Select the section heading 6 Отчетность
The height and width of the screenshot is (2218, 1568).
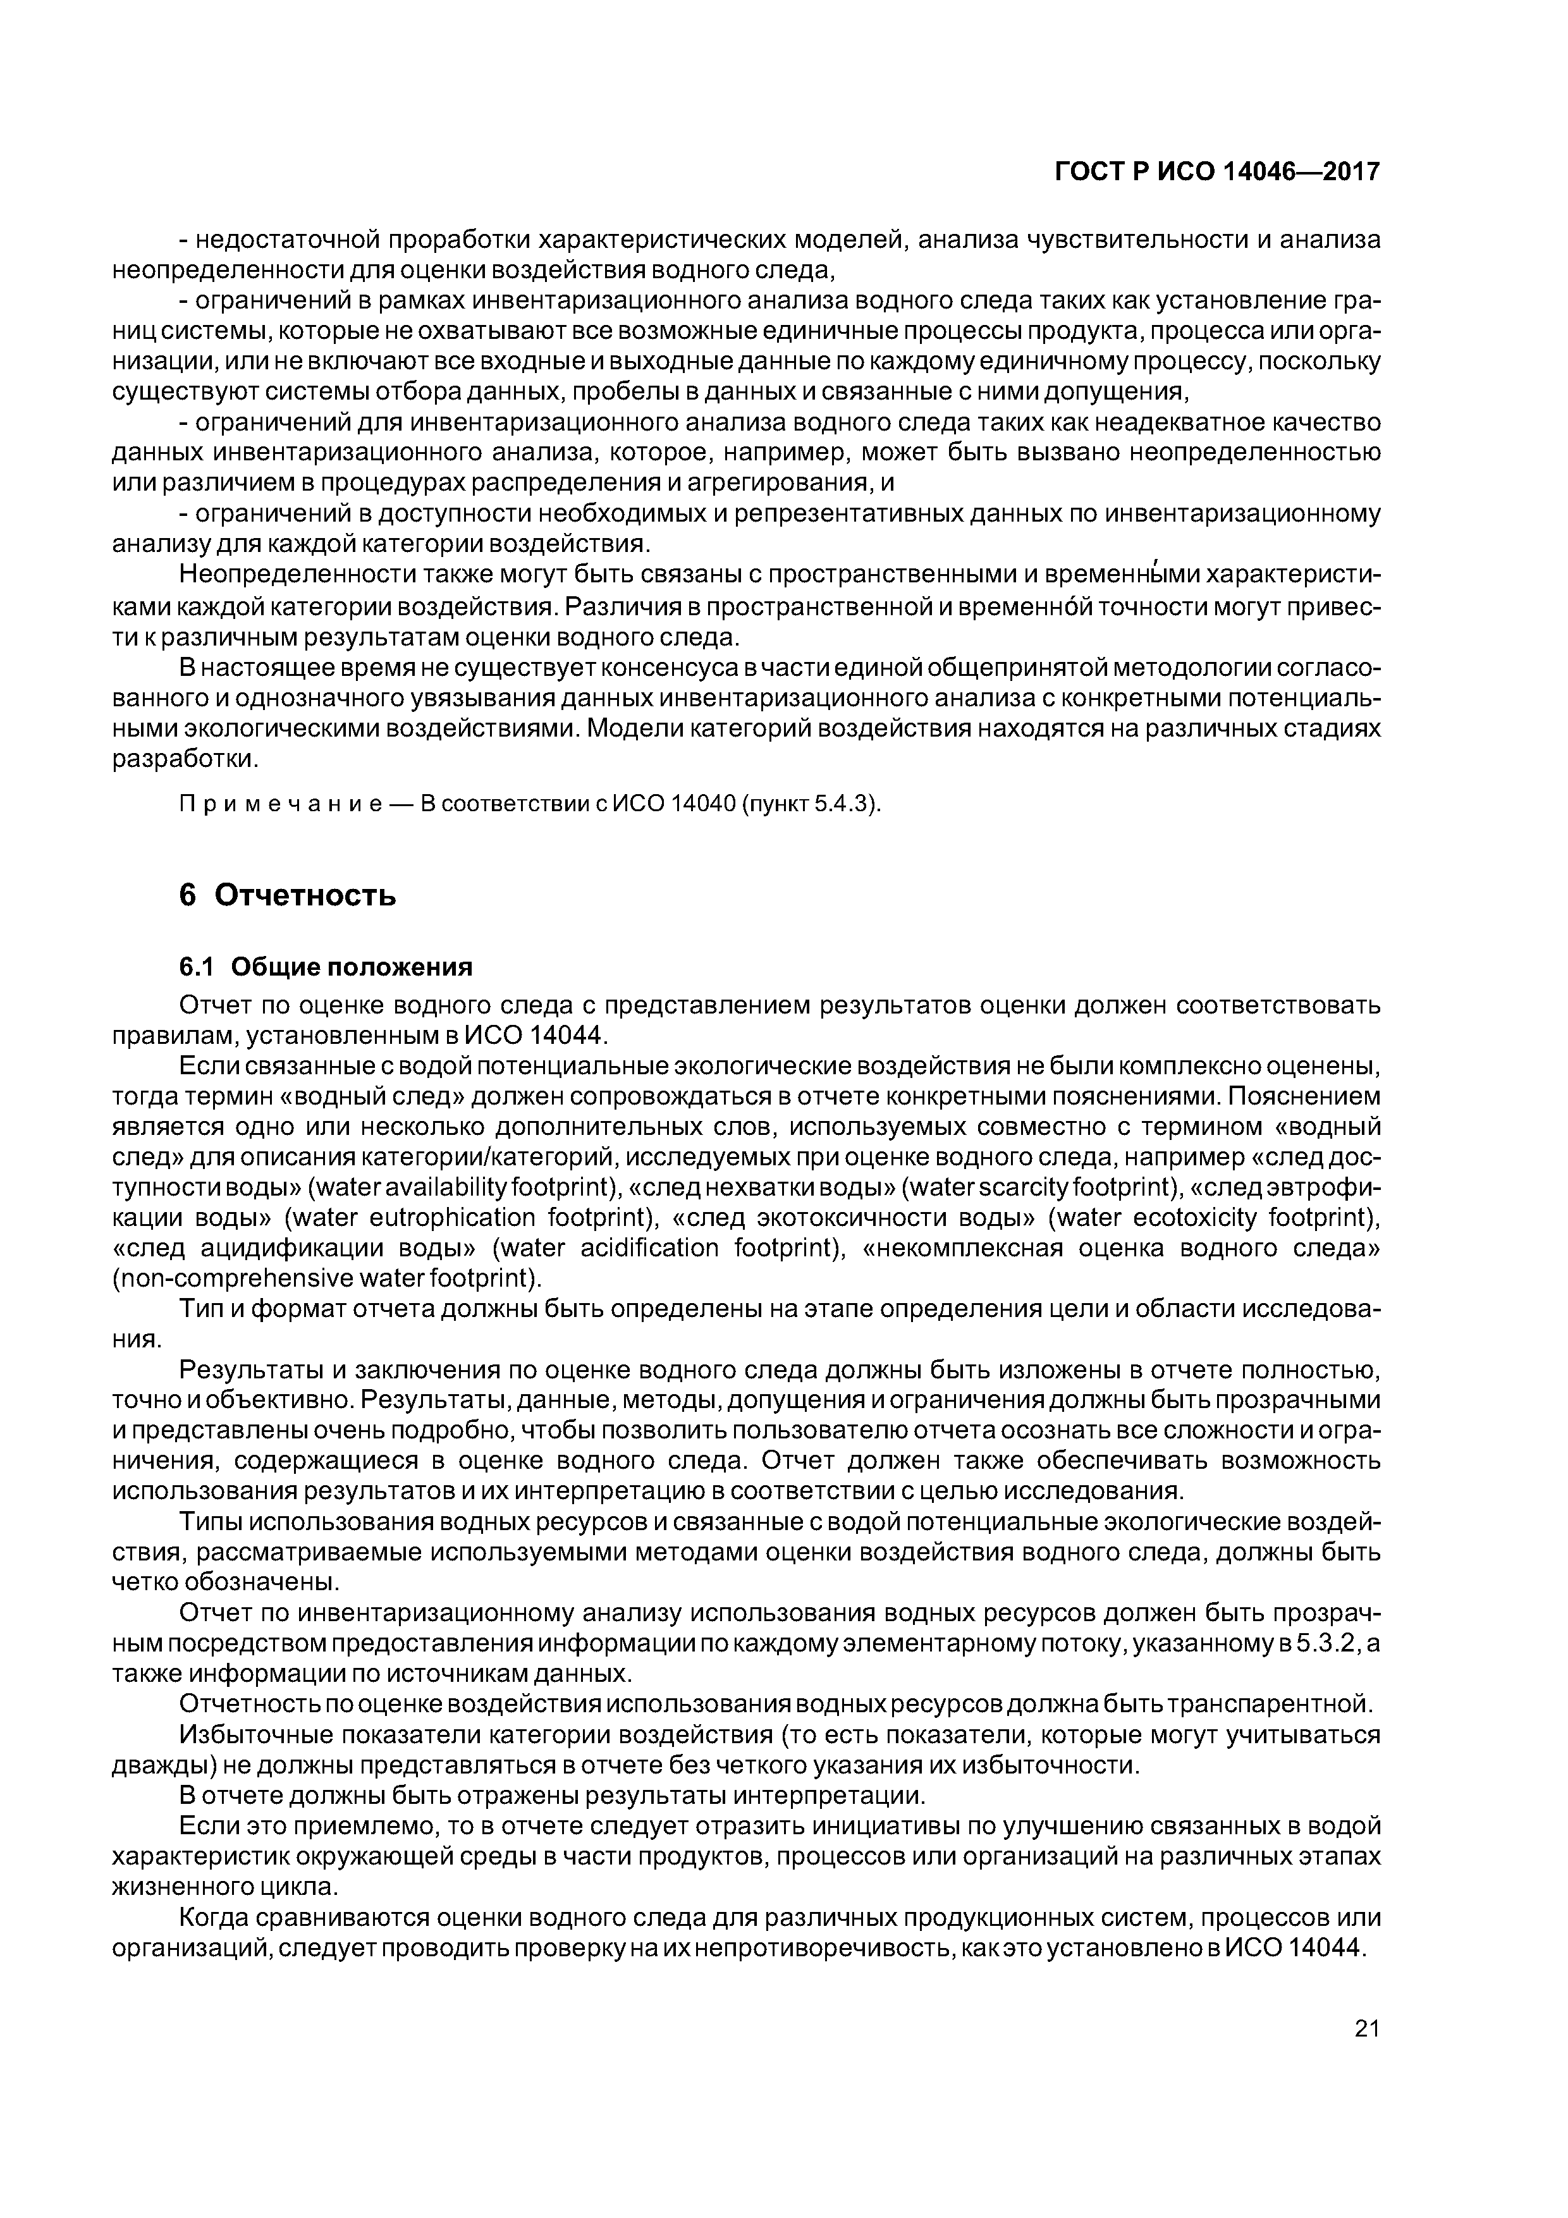(x=288, y=895)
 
